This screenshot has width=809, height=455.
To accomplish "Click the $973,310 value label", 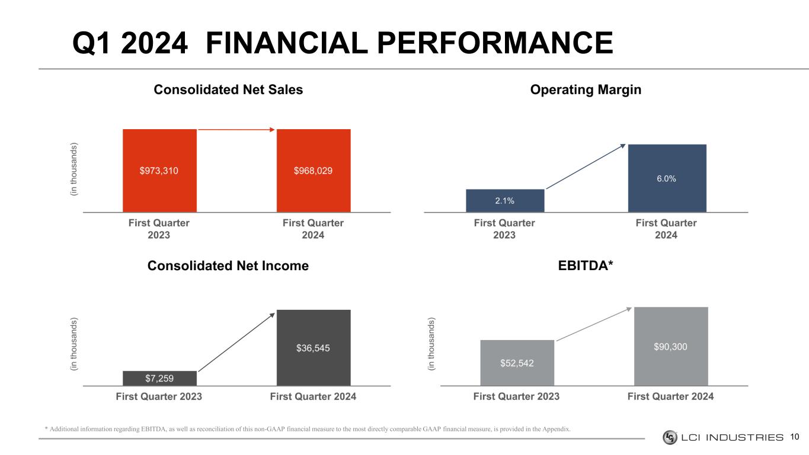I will coord(159,171).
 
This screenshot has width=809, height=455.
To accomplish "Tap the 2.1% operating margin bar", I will coord(505,200).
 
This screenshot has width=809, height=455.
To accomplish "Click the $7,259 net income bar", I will coord(159,378).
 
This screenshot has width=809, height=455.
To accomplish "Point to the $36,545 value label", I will coord(313,348).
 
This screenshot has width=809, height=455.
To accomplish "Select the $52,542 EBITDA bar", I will coord(517,363).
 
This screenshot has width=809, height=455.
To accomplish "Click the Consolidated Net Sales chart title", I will coord(228,89).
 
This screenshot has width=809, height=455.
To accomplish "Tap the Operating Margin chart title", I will coord(586,89).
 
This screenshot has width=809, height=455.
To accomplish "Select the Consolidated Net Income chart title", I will coord(228,266).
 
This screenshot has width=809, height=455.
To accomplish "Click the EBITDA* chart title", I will coord(586,266).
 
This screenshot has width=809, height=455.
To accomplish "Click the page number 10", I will coord(795,437).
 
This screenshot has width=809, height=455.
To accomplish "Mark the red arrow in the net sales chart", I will coord(236,129).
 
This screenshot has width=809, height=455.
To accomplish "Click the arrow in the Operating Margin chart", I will coord(586,166).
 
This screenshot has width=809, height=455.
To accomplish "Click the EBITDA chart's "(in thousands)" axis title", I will coord(431,345).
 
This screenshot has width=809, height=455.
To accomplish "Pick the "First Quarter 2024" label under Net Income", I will coord(313,396).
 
